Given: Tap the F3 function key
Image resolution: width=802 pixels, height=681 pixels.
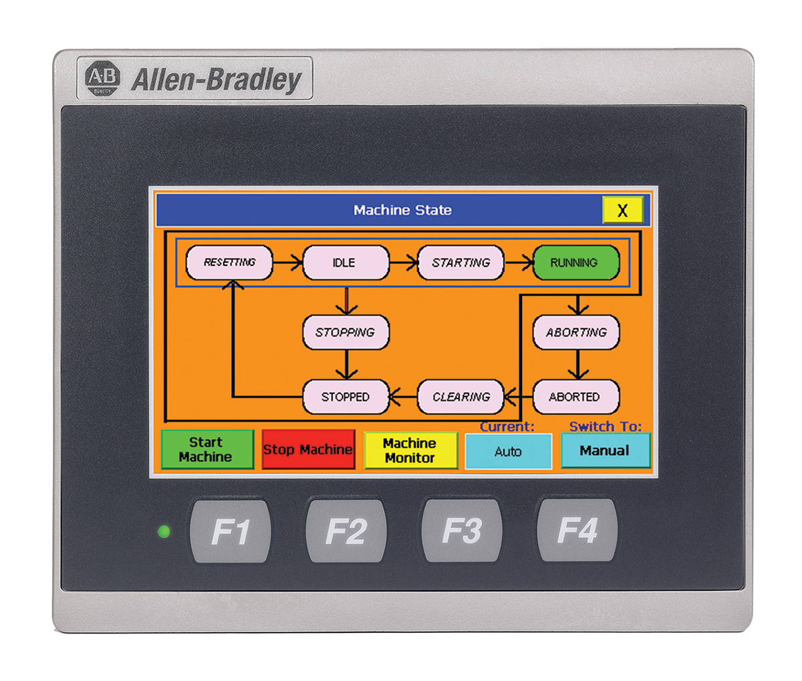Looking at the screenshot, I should tap(462, 531).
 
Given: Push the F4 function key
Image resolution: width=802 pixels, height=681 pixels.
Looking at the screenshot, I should tap(577, 531).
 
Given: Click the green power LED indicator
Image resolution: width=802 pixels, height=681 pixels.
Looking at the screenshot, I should tap(163, 532).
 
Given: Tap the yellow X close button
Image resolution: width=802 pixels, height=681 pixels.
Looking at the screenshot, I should tap(622, 211).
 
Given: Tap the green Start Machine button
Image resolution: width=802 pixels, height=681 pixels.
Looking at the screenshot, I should tap(207, 450).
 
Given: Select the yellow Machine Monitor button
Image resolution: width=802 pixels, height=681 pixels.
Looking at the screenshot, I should tap(410, 450).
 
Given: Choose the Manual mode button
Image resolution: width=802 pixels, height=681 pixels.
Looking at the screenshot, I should tap(605, 450).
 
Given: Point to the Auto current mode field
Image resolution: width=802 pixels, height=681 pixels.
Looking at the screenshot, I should tap(508, 452).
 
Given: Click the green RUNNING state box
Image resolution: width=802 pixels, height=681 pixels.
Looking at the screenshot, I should tap(575, 263).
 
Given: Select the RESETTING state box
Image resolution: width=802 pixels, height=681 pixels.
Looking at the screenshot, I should tap(229, 263).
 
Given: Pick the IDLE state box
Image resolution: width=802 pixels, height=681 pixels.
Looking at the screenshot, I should tap(345, 263).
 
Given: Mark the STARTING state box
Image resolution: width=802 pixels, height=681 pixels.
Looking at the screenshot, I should tap(460, 263).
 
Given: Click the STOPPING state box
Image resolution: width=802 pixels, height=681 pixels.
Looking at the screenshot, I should tap(346, 332).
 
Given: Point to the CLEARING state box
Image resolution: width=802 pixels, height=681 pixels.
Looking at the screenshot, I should tap(460, 397).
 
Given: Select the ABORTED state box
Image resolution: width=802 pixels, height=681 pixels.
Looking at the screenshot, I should tap(575, 397).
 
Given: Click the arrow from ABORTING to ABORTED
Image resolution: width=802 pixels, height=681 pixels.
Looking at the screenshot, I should tap(578, 365).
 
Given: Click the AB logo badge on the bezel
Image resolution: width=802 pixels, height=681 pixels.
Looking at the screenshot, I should tap(103, 78).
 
